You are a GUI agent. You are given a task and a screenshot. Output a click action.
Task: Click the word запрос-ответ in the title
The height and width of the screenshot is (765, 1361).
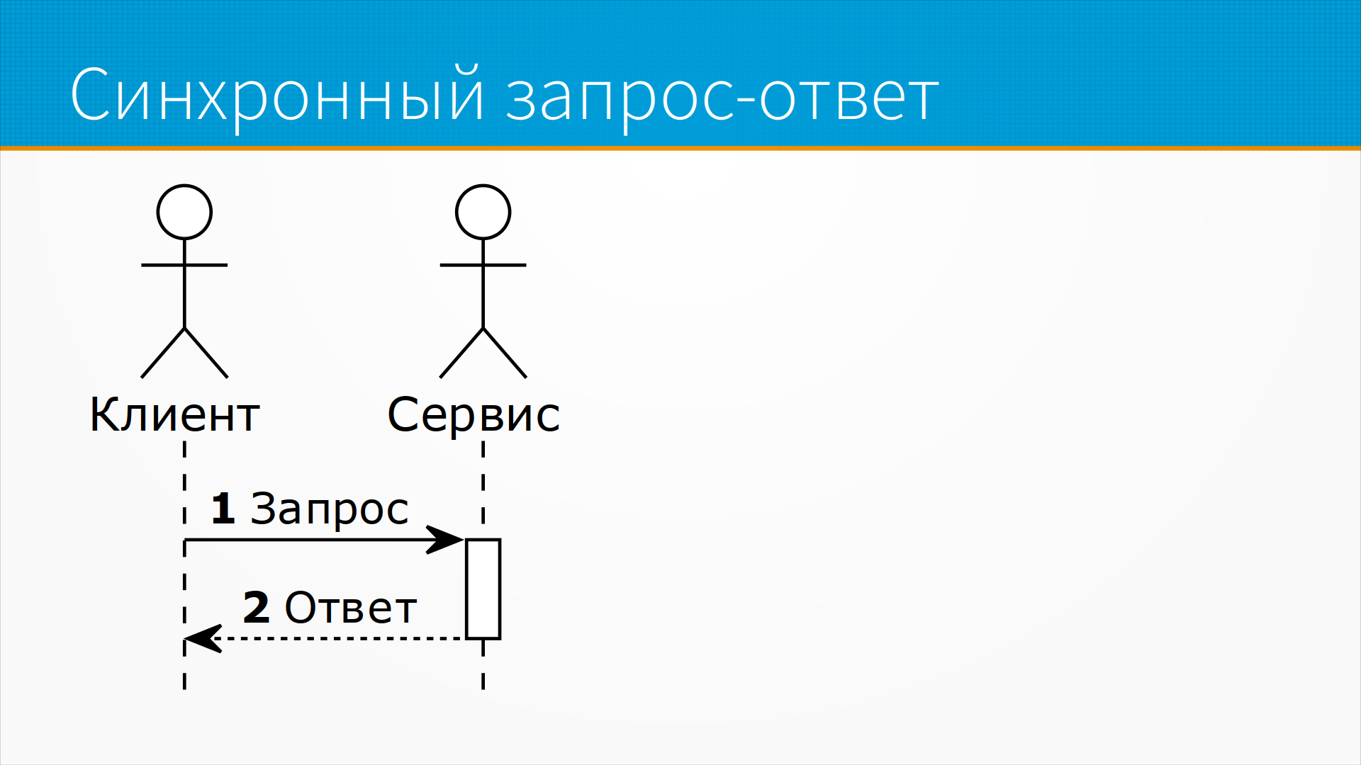coord(722,99)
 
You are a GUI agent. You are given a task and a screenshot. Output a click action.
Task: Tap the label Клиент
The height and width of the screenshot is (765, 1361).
coord(174,414)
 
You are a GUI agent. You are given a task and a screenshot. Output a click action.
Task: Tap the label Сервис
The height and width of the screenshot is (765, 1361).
coord(474,416)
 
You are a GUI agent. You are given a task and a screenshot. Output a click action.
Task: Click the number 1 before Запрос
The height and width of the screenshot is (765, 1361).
coord(223,509)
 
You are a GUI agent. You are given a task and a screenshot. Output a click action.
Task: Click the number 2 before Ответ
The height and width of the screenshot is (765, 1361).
coord(256,608)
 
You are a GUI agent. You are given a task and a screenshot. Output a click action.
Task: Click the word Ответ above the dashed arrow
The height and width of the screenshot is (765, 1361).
coord(350,608)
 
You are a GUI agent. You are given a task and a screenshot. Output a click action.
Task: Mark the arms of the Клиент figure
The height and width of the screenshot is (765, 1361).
coord(184,265)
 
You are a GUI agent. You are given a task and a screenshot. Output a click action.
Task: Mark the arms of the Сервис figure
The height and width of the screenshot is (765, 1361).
coord(483,265)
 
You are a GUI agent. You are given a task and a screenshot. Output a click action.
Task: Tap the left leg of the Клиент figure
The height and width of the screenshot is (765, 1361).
coord(162,353)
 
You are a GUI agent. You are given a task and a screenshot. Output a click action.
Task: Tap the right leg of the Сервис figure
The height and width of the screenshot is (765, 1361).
coord(505,353)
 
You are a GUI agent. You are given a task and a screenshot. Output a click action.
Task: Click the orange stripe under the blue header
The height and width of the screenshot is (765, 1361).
coord(680,148)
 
